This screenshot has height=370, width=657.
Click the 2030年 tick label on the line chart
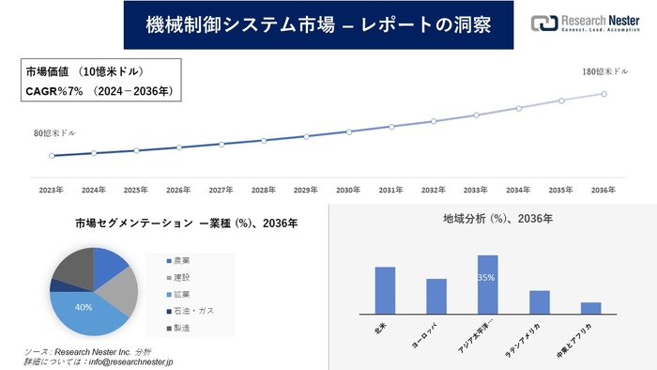[348, 190]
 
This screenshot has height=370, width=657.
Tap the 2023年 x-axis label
[52, 190]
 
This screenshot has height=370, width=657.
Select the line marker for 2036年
[604, 94]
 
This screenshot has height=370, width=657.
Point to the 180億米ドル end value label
[603, 71]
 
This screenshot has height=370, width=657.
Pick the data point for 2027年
[222, 145]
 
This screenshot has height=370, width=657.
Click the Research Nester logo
[578, 23]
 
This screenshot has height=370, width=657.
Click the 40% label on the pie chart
[84, 307]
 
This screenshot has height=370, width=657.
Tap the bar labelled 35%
[487, 284]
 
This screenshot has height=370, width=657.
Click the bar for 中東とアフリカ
[590, 308]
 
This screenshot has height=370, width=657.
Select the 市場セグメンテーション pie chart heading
[186, 224]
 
